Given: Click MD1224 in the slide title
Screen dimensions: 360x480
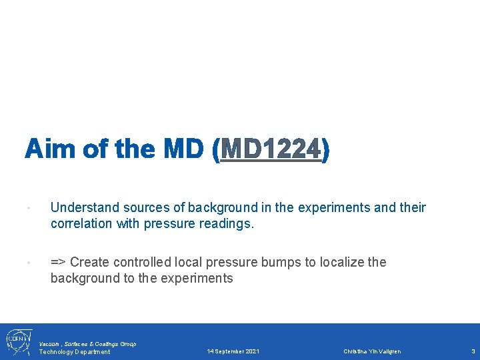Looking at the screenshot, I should click(271, 149).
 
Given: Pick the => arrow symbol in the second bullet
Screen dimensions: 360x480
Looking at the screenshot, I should click(58, 262).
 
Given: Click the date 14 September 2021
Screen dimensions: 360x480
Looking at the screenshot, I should click(233, 351).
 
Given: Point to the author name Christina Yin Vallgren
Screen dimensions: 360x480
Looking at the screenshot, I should click(372, 351).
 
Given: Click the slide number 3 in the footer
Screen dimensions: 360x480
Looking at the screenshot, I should click(473, 351).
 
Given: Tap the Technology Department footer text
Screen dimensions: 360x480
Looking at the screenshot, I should click(75, 352).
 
